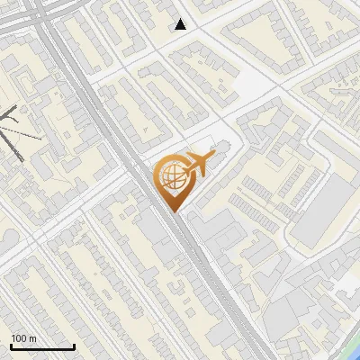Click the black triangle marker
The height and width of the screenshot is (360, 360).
click(181, 24)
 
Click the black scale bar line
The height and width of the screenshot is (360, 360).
click(42, 346)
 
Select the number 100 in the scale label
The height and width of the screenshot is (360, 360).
click(18, 338)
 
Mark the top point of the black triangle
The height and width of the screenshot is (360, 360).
click(181, 19)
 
